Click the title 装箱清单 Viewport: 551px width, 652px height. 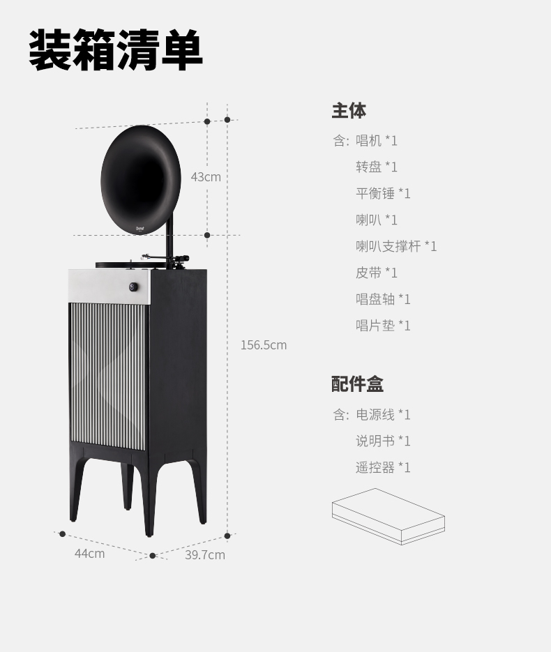point(116,50)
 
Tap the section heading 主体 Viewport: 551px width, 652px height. point(349,111)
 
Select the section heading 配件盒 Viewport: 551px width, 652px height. point(357,384)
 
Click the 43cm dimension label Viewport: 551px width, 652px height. point(206,177)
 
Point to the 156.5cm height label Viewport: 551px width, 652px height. point(264,345)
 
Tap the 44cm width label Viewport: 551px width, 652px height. point(90,554)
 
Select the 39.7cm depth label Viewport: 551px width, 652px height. point(205,555)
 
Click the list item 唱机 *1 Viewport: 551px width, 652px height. point(377,141)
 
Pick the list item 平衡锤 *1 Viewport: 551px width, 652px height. point(383,194)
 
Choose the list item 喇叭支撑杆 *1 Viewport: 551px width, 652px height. point(396,246)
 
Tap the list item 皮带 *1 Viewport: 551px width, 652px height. point(377,273)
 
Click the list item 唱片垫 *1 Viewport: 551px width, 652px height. point(383,326)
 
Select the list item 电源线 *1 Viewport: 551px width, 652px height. point(383,415)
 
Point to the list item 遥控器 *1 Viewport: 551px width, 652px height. point(383,468)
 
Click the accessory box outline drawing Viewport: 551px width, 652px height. point(388,516)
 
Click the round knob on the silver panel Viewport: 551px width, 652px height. point(133,287)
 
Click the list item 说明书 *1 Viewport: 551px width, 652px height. point(383,441)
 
